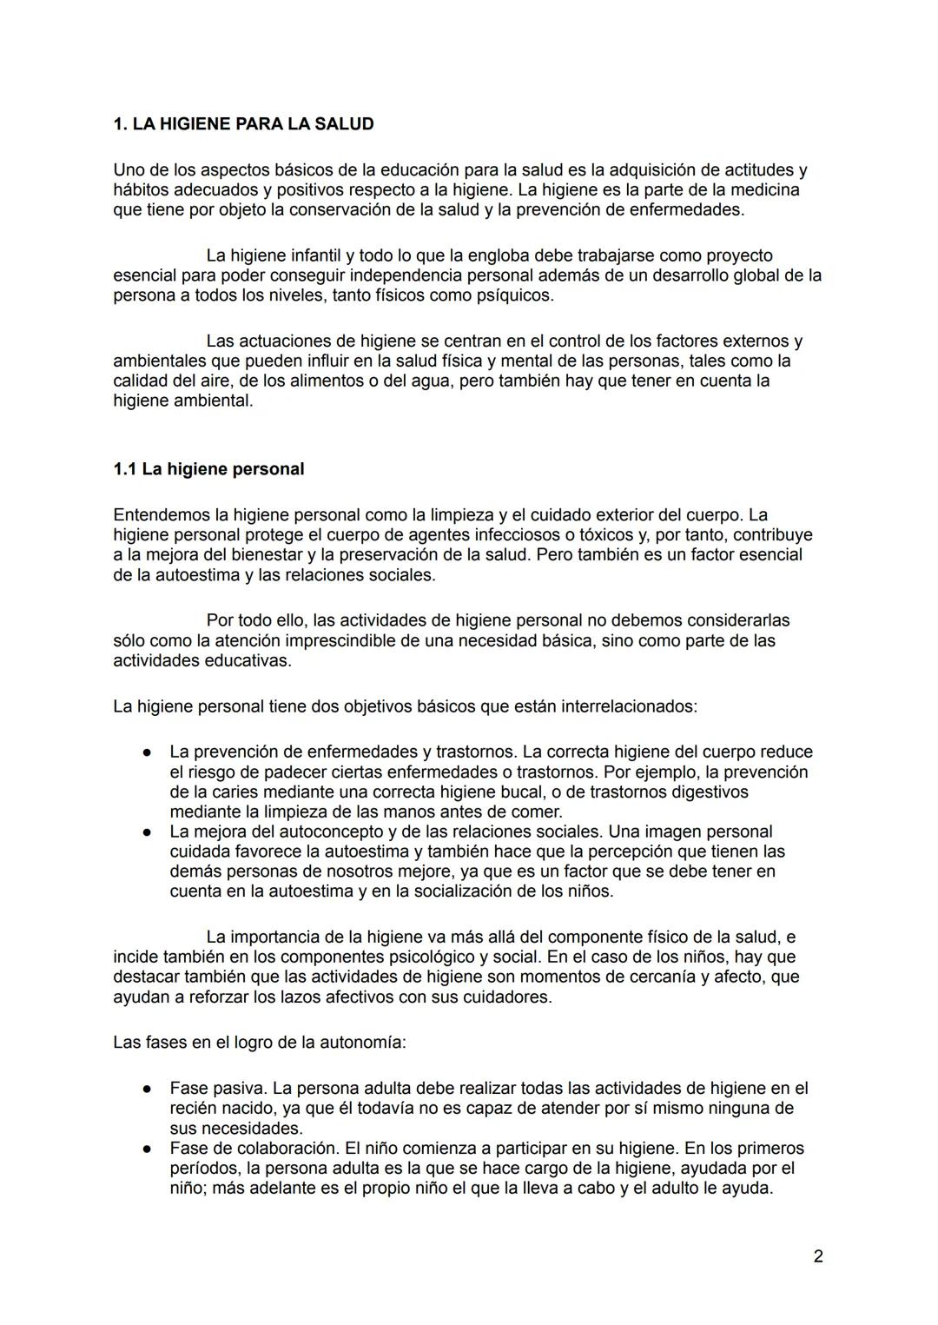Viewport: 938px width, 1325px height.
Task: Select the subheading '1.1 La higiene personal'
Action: [x=208, y=469]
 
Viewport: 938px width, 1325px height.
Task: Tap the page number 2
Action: [x=818, y=1255]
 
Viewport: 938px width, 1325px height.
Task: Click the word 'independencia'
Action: [x=409, y=275]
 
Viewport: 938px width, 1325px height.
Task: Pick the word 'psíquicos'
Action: [x=513, y=295]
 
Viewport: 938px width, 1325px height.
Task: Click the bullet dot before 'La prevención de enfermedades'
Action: [x=149, y=752]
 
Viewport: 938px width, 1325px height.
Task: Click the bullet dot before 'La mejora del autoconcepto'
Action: [x=149, y=831]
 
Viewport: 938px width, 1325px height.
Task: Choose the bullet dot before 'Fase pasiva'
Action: [x=149, y=1089]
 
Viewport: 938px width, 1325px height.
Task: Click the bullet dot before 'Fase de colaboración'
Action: [x=149, y=1149]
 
